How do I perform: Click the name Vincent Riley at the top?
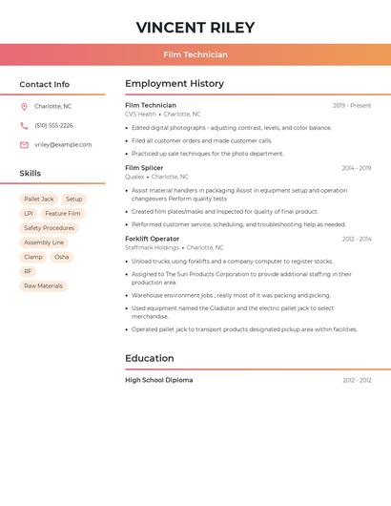coord(195,27)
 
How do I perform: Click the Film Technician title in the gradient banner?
coord(195,54)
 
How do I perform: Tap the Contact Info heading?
coord(45,84)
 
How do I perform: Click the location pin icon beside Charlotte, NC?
coord(24,106)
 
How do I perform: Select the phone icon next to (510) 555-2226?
coord(24,125)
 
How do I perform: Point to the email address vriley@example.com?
coord(63,145)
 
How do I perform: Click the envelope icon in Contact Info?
coord(24,145)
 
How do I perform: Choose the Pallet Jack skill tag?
coord(39,200)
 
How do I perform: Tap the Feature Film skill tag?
coord(63,214)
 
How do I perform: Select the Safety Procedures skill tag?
coord(49,228)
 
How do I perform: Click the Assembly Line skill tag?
coord(44,242)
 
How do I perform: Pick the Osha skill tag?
coord(61,257)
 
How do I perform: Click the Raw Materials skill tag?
coord(43,286)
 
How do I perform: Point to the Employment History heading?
coord(175,84)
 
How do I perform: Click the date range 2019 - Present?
coord(352,105)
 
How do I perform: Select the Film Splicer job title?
coord(144,168)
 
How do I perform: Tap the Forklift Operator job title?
coord(152,239)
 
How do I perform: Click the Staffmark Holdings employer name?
coord(152,247)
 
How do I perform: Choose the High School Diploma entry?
coord(158,380)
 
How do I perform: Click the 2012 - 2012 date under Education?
coord(357,380)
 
